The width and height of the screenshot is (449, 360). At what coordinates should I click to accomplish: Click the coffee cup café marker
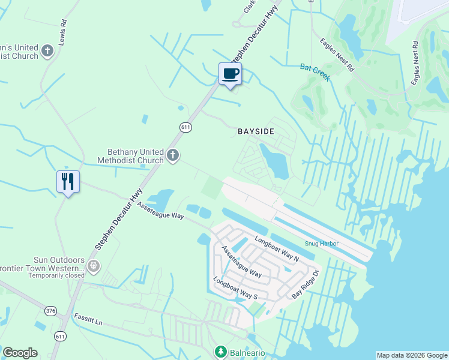click(x=231, y=74)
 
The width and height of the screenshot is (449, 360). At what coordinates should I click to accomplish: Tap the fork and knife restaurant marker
click(x=68, y=181)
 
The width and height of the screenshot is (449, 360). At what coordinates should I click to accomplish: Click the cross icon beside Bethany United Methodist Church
click(x=173, y=156)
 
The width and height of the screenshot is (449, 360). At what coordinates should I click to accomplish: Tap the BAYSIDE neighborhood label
click(x=256, y=130)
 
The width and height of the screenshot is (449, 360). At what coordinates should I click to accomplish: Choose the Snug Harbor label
click(x=321, y=244)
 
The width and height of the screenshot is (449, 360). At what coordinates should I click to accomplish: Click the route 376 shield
click(x=51, y=310)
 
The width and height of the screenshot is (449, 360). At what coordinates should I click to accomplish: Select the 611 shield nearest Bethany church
click(x=185, y=127)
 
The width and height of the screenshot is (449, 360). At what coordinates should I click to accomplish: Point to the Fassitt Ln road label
click(x=88, y=319)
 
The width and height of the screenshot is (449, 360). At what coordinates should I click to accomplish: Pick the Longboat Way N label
click(x=276, y=249)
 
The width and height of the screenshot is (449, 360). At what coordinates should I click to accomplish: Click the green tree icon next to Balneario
click(x=220, y=352)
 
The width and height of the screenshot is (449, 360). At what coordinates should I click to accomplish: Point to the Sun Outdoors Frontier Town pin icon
click(x=93, y=265)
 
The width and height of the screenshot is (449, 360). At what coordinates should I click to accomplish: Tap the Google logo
click(x=20, y=353)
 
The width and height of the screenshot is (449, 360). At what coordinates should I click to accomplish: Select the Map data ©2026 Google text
click(x=411, y=355)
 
